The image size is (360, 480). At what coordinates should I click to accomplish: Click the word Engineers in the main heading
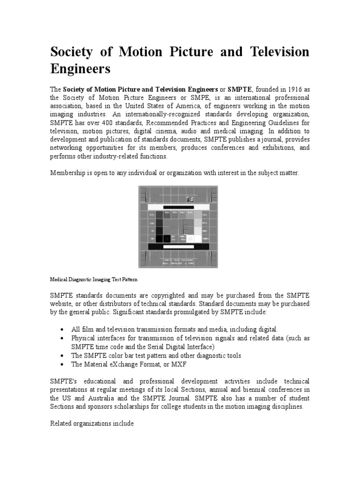(80, 69)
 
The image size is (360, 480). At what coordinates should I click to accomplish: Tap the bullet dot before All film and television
(62, 330)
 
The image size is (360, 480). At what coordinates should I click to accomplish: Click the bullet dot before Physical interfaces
(62, 338)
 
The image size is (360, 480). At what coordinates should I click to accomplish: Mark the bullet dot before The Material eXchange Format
(62, 364)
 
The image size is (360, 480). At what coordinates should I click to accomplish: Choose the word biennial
(253, 390)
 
